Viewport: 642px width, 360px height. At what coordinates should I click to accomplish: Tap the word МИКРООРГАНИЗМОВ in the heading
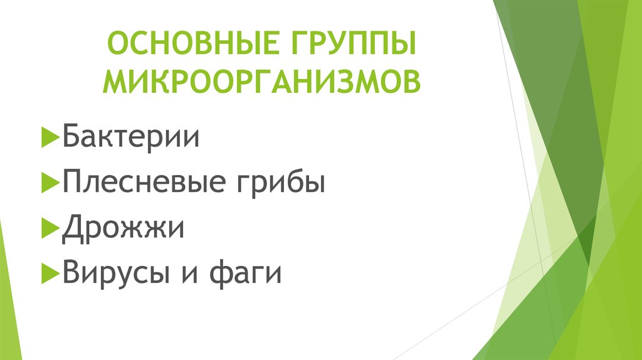click(263, 82)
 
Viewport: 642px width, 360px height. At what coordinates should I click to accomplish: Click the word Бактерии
click(131, 136)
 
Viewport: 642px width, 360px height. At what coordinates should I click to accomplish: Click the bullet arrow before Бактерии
click(50, 137)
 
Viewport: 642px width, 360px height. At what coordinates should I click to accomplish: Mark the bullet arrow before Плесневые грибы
click(50, 183)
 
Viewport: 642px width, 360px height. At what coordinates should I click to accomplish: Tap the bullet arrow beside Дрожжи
click(50, 228)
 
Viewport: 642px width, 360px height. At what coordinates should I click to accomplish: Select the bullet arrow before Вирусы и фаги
click(50, 274)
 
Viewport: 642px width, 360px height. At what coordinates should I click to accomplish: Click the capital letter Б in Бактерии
click(70, 136)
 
